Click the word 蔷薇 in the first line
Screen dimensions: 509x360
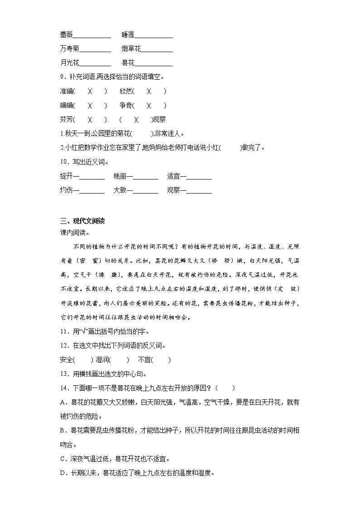pos(66,35)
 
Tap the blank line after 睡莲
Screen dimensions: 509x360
pos(154,36)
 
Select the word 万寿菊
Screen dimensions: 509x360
pos(69,49)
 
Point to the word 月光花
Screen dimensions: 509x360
pos(69,63)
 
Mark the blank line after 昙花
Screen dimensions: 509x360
pos(154,64)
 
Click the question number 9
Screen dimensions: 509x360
pos(62,77)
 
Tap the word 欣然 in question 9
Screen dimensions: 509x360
pos(126,91)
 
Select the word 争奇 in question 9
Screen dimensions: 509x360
pos(126,106)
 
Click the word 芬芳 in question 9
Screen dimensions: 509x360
pos(66,120)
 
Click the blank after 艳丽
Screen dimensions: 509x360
pos(146,178)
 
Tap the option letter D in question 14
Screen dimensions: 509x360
pos(62,473)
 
